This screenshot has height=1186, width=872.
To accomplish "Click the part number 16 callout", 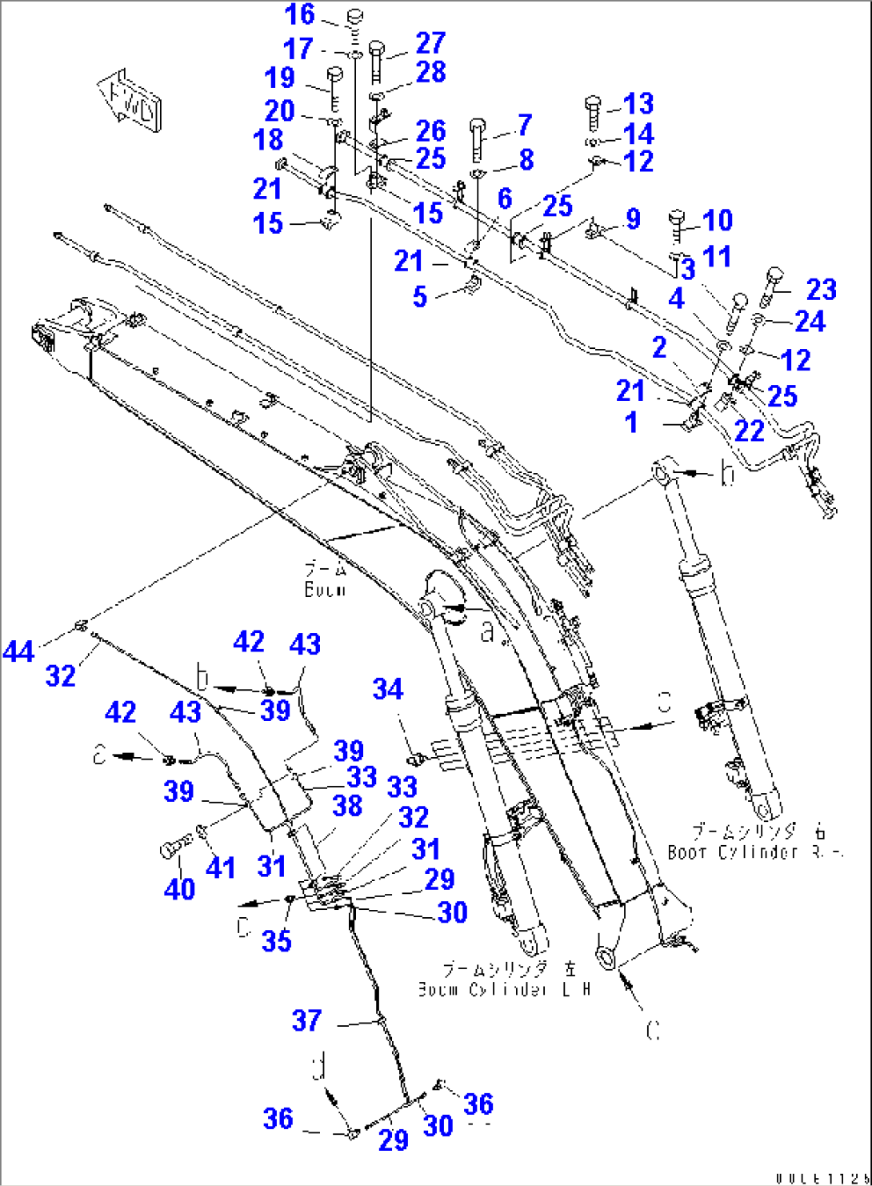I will [300, 14].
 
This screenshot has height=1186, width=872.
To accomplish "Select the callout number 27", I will [430, 43].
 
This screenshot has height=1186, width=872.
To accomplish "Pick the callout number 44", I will [18, 651].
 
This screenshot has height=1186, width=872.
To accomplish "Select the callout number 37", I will [306, 1020].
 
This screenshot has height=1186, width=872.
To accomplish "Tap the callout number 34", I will [388, 689].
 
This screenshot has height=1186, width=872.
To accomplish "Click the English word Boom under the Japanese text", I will [325, 590].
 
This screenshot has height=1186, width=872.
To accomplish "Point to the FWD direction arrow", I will [130, 99].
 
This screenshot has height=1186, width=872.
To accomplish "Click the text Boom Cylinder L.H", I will [504, 990].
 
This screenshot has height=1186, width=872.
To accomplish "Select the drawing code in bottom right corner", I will [819, 1177].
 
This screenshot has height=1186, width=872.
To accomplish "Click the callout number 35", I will [276, 941].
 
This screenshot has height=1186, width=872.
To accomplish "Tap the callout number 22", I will [749, 431].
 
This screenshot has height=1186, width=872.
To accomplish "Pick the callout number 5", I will [420, 297].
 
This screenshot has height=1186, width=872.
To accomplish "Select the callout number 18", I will [268, 139].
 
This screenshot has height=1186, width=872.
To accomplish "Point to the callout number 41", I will [221, 867].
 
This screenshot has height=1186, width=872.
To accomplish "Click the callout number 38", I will [347, 805].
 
